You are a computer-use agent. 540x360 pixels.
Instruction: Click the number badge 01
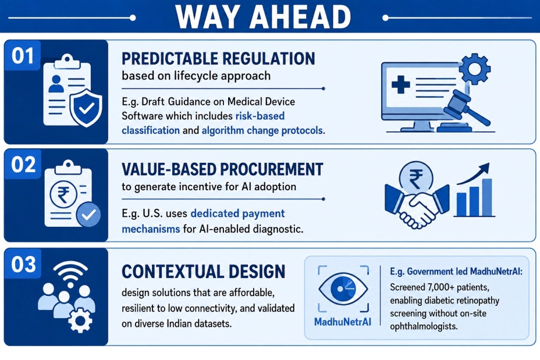tap(22, 55)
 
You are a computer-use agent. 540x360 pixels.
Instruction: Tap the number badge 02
tap(23, 164)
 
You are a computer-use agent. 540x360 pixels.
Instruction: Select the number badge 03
tap(23, 264)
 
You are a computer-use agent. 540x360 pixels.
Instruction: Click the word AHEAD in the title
tap(300, 16)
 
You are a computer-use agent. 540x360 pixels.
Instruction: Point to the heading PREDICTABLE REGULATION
tap(218, 59)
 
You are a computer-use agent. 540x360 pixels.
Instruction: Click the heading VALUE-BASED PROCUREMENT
tap(222, 169)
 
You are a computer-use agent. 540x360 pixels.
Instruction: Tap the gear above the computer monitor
tap(475, 69)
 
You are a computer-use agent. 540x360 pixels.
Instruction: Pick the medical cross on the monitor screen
tap(401, 85)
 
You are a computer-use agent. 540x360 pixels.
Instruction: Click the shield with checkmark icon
tap(86, 108)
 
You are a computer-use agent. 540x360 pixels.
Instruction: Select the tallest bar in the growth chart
tap(487, 197)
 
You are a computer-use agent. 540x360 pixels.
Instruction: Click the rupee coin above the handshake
tap(416, 179)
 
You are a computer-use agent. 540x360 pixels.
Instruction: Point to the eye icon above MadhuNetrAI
tap(343, 288)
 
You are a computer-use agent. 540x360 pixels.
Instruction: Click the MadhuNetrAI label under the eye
tap(343, 322)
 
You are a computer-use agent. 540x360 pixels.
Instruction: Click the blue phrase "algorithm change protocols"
tap(262, 130)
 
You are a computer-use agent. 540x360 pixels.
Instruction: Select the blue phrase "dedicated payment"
tap(237, 213)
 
